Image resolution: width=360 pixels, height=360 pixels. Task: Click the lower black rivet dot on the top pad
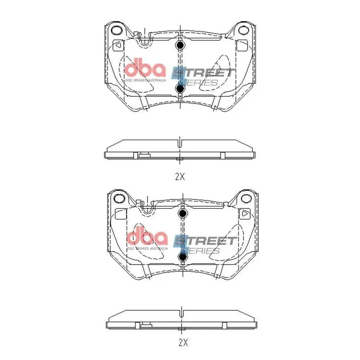tap(180, 89)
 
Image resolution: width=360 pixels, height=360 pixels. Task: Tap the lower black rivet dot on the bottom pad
tap(183, 256)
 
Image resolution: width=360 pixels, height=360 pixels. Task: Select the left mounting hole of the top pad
tap(117, 31)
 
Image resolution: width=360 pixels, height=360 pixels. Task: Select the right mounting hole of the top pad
tap(243, 31)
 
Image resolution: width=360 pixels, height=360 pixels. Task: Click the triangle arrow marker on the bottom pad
tap(245, 214)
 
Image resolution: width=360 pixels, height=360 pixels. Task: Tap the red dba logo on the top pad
tap(145, 68)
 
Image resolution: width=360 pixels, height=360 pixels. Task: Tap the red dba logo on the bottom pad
tap(147, 237)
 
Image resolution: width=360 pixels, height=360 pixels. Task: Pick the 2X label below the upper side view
tap(180, 177)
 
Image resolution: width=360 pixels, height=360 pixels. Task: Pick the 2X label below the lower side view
tap(182, 343)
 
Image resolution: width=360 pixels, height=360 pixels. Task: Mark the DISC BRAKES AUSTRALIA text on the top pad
tap(145, 80)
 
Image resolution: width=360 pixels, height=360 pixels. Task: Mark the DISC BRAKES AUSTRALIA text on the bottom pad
tap(148, 248)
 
